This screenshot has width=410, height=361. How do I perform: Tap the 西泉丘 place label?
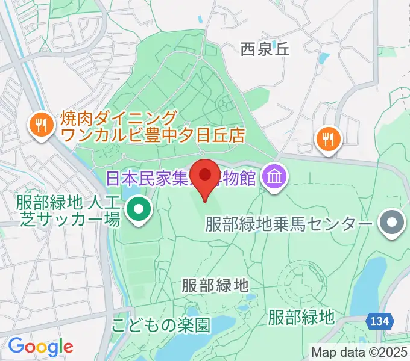click(x=265, y=49)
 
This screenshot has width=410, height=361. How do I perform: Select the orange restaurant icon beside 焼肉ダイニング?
click(x=41, y=125)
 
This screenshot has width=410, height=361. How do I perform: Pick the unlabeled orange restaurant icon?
click(x=328, y=140)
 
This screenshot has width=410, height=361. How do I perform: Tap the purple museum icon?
click(x=275, y=177)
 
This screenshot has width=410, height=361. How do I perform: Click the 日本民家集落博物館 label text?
click(x=181, y=178)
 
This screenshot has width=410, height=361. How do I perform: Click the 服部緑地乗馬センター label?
click(x=288, y=224)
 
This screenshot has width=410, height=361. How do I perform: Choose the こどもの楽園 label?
click(x=160, y=326)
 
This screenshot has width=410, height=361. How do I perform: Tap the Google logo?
click(x=40, y=346)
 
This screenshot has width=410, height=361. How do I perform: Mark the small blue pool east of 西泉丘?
click(x=324, y=59)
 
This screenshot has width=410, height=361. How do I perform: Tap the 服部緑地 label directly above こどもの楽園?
click(x=215, y=285)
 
